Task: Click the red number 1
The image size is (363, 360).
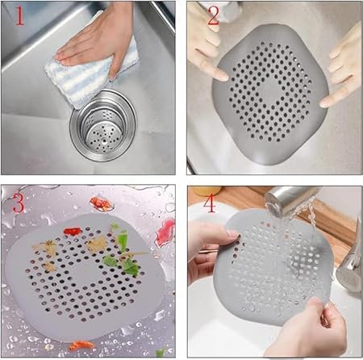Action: (19, 16)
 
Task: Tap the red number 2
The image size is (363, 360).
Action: (213, 16)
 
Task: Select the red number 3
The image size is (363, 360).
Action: (19, 203)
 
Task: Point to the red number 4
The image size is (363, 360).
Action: (210, 203)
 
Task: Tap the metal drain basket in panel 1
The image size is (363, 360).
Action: (103, 126)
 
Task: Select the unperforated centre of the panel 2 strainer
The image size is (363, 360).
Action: (269, 91)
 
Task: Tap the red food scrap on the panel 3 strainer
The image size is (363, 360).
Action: (72, 231)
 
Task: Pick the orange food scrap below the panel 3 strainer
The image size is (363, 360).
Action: (81, 345)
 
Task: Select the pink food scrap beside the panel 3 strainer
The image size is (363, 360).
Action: (165, 232)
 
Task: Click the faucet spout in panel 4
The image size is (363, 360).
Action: (290, 199)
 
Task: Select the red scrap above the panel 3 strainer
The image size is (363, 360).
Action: (101, 203)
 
